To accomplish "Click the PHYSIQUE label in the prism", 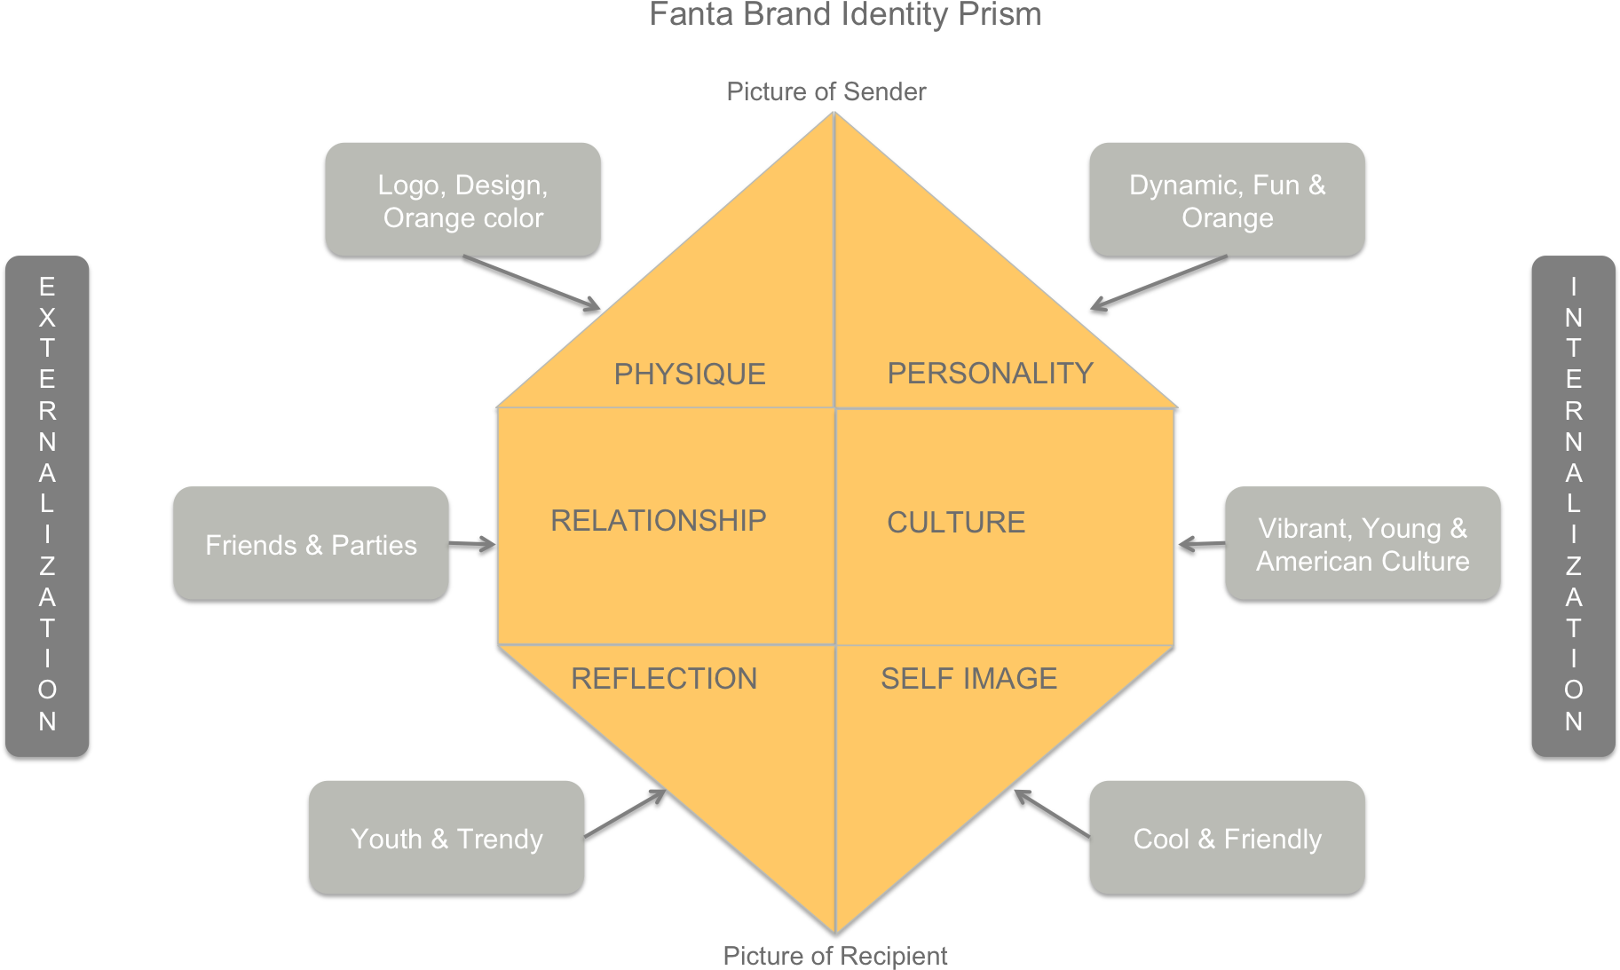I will [690, 374].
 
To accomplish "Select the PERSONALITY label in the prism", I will [990, 373].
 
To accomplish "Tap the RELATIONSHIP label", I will [658, 520].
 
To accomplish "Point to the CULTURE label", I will [956, 522].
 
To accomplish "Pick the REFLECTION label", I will [664, 678].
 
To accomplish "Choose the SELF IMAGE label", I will [968, 678].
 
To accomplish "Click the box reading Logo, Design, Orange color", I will [462, 200].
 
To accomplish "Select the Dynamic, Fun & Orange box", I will [1227, 200].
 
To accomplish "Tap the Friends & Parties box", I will [311, 543].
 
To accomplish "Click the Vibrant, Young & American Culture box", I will [1363, 543].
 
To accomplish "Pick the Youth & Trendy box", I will [446, 837].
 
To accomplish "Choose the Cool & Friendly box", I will [1227, 837].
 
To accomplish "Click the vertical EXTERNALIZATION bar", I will [47, 506].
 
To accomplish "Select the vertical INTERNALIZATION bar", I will [1573, 506].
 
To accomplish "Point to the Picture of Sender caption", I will [826, 91].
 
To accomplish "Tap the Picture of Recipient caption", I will [834, 956].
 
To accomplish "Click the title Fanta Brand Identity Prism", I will [845, 14].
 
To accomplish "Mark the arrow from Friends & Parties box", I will [472, 543].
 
